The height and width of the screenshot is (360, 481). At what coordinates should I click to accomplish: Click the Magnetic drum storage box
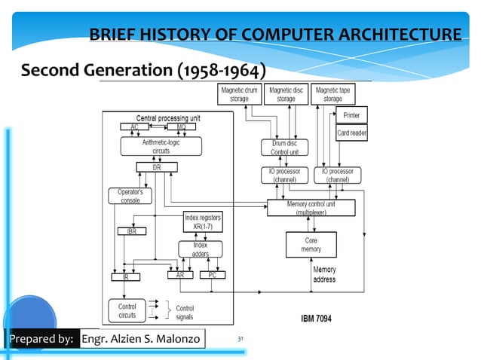239,93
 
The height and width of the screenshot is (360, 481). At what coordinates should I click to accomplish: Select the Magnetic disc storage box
286,93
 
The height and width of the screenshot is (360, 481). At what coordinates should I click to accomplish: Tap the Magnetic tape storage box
332,93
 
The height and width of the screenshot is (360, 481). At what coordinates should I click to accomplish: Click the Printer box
351,115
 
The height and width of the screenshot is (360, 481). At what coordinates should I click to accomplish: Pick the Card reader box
351,133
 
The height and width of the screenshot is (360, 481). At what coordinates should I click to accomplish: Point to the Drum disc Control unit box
284,147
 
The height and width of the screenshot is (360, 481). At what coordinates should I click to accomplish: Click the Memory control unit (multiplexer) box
311,208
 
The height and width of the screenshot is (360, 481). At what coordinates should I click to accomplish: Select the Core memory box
311,244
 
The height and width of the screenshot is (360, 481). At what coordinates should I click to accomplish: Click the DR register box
156,167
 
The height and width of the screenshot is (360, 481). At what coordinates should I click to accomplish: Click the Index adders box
200,249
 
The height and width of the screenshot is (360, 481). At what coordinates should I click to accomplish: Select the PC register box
213,276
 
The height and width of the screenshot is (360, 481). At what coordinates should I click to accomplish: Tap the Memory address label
324,274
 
